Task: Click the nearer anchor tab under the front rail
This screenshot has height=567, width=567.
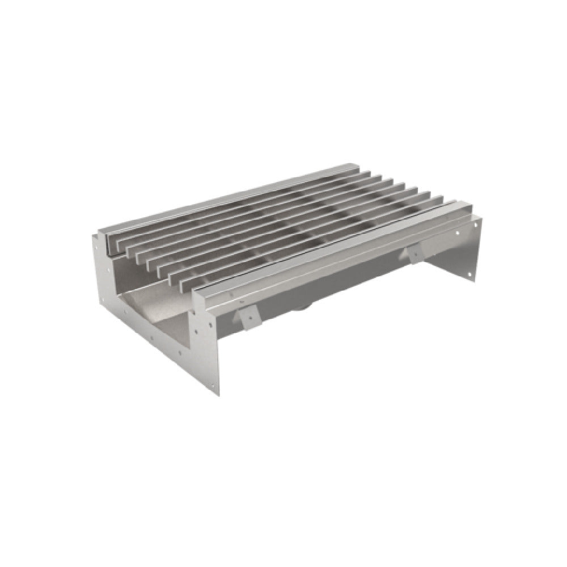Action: (248, 319)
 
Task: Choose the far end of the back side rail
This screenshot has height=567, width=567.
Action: (349, 167)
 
